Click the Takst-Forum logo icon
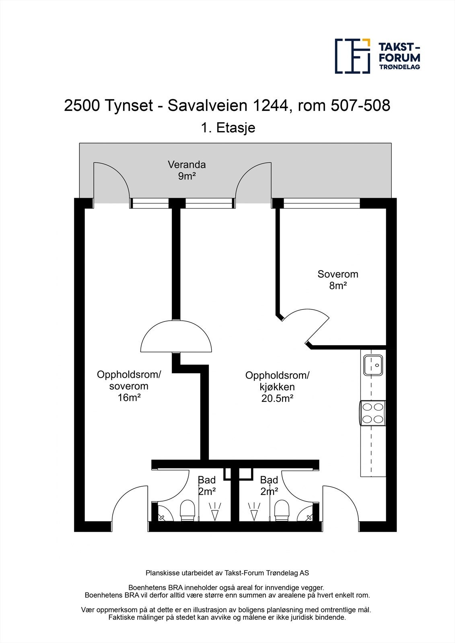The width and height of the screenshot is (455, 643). pyautogui.click(x=353, y=56)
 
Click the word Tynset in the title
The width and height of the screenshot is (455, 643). pyautogui.click(x=129, y=106)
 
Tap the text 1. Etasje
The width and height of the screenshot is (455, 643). pyautogui.click(x=228, y=128)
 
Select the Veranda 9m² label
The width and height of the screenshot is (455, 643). pyautogui.click(x=187, y=170)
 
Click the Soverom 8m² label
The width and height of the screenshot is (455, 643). pyautogui.click(x=338, y=280)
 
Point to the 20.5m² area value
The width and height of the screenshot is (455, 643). pyautogui.click(x=277, y=398)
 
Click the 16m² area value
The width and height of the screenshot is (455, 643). pyautogui.click(x=129, y=397)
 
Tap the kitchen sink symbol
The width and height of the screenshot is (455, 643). pyautogui.click(x=373, y=365)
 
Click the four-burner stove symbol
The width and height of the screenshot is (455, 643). pyautogui.click(x=372, y=413)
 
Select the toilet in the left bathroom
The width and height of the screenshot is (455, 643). pyautogui.click(x=187, y=510)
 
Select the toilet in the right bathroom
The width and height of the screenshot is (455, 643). pyautogui.click(x=282, y=510)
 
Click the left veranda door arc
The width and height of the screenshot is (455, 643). pyautogui.click(x=113, y=177)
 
